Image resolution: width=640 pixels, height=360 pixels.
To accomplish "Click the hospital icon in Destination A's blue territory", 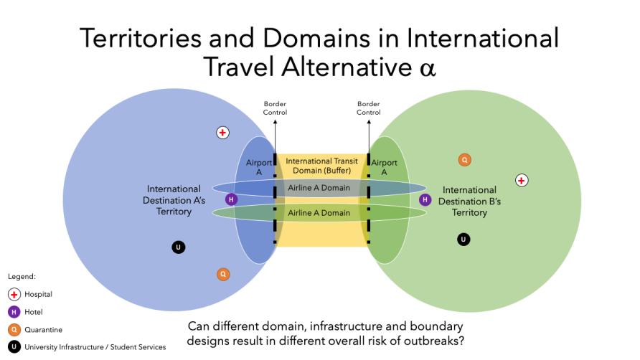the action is pyautogui.click(x=222, y=133).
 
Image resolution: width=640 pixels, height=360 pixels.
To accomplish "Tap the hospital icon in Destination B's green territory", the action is pyautogui.click(x=522, y=181).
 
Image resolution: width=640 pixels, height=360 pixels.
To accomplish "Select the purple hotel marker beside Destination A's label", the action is pyautogui.click(x=232, y=199).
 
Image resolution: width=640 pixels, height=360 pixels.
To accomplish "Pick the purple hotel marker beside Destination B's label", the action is pyautogui.click(x=425, y=199).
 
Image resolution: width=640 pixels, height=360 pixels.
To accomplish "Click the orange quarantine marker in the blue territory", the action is pyautogui.click(x=223, y=274).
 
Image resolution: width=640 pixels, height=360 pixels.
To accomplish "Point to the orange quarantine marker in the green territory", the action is pyautogui.click(x=464, y=160).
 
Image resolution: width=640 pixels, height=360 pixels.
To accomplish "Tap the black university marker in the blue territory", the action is pyautogui.click(x=179, y=247).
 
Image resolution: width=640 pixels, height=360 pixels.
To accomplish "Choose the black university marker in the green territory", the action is pyautogui.click(x=463, y=240).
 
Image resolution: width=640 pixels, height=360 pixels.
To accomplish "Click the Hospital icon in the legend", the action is pyautogui.click(x=14, y=294).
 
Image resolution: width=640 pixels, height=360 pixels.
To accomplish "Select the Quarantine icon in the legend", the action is pyautogui.click(x=14, y=329).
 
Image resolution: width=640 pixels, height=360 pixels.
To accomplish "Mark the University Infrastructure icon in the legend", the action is pyautogui.click(x=14, y=347).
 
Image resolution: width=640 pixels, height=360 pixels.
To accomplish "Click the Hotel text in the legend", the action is pyautogui.click(x=34, y=312).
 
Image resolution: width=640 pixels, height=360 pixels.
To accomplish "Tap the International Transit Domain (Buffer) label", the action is pyautogui.click(x=321, y=166).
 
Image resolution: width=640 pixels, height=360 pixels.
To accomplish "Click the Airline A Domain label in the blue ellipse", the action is pyautogui.click(x=319, y=188).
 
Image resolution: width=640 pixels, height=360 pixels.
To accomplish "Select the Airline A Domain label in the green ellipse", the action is pyautogui.click(x=319, y=213).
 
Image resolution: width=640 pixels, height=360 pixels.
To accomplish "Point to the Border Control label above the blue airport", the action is pyautogui.click(x=275, y=108).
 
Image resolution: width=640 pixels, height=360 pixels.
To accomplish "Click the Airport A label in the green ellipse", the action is pyautogui.click(x=384, y=167).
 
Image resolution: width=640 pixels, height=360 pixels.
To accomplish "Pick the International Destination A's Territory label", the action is pyautogui.click(x=174, y=200).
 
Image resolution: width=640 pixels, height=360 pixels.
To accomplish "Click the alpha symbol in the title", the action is pyautogui.click(x=428, y=68).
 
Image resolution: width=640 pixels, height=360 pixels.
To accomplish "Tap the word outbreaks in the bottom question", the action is pyautogui.click(x=438, y=341).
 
